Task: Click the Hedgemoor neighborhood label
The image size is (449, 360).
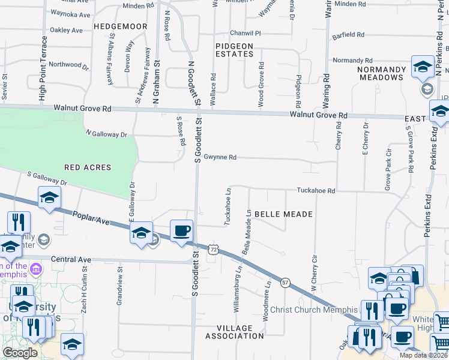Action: pyautogui.click(x=121, y=28)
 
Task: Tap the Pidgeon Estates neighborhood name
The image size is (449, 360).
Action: pyautogui.click(x=235, y=50)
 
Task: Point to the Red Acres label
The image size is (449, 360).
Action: pyautogui.click(x=87, y=167)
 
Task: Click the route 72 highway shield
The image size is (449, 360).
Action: pyautogui.click(x=213, y=248)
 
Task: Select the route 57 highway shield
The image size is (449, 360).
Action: pyautogui.click(x=286, y=282)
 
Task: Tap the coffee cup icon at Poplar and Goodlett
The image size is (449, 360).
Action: pyautogui.click(x=181, y=230)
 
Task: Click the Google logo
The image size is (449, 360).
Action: pyautogui.click(x=20, y=353)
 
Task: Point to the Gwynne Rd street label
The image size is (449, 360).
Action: pyautogui.click(x=220, y=157)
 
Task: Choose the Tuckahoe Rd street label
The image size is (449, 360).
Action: pyautogui.click(x=315, y=190)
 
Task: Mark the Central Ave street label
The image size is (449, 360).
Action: pyautogui.click(x=71, y=260)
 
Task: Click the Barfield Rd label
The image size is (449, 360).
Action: pyautogui.click(x=348, y=35)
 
